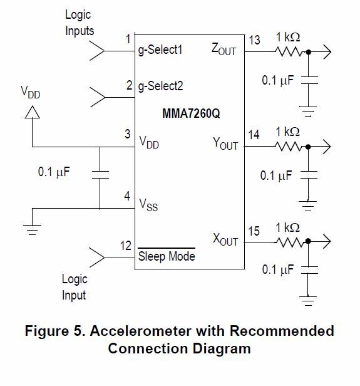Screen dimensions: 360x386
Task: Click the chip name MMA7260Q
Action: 191,113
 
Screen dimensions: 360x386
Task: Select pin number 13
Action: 254,40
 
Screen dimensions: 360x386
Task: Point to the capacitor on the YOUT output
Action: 309,175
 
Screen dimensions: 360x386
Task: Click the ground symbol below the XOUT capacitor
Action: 308,301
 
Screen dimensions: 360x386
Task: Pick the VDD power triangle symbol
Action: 32,112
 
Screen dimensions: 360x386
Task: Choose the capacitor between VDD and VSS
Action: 100,175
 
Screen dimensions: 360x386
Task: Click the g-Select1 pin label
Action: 160,50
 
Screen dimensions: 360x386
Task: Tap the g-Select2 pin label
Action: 160,86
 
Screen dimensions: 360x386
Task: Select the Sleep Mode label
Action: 167,256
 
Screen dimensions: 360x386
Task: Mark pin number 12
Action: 125,246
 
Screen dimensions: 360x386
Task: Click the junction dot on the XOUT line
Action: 308,241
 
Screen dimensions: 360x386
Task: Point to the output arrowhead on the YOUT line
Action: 327,147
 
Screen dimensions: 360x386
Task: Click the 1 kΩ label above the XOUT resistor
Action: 287,227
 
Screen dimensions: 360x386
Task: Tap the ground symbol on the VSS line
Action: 32,230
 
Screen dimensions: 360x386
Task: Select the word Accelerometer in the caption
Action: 141,331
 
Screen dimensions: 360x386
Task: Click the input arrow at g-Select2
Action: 98,97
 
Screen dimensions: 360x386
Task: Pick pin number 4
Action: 127,196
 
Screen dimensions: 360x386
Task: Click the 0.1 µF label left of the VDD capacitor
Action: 54,172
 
